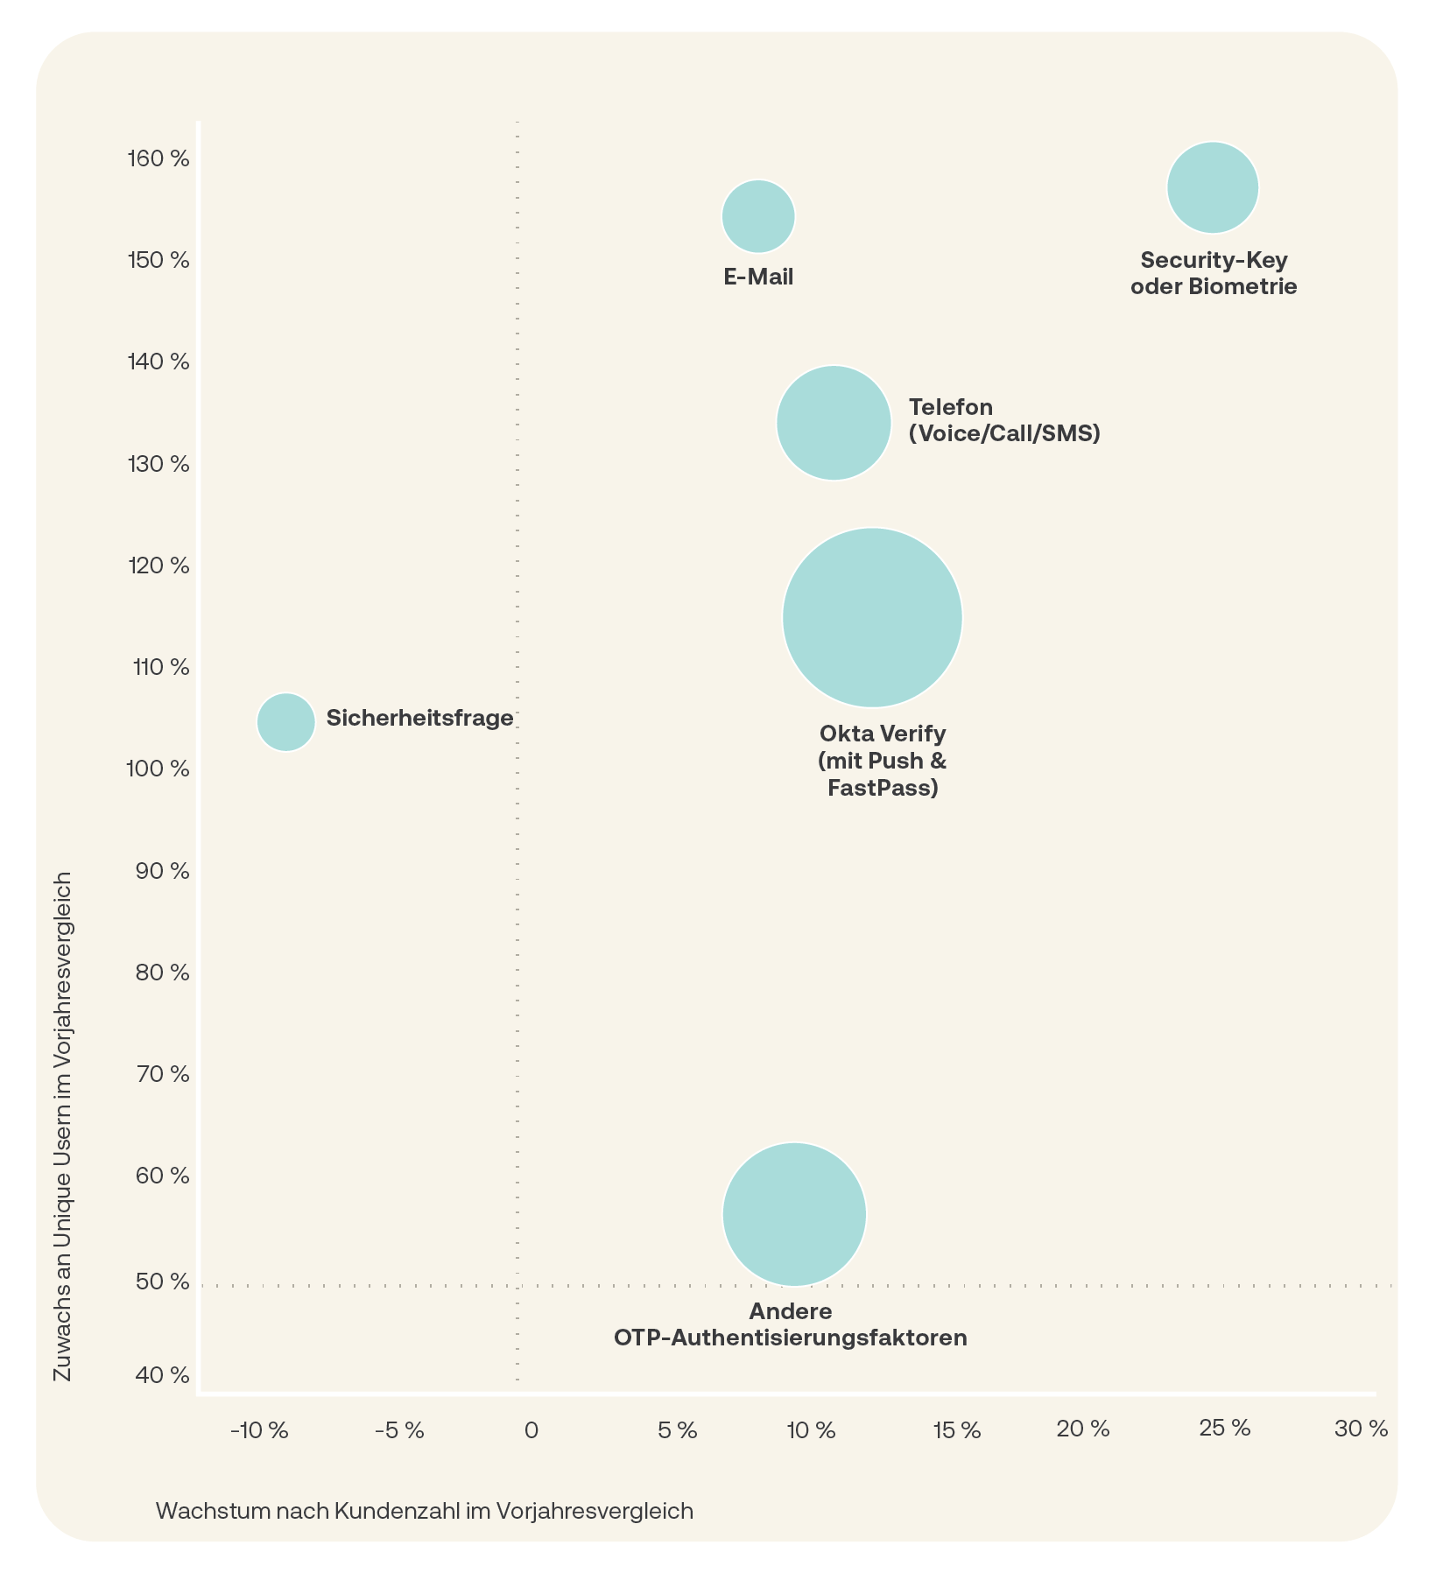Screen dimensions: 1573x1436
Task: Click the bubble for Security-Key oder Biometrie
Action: [1213, 187]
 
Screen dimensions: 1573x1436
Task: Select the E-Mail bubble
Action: [758, 216]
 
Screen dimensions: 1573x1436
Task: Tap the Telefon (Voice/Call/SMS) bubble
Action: [834, 423]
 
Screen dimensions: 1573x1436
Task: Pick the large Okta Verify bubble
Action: [872, 617]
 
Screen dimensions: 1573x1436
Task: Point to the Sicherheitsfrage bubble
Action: [285, 722]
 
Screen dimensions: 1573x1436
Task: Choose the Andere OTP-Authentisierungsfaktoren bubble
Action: [794, 1214]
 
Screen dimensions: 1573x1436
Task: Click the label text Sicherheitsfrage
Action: [419, 719]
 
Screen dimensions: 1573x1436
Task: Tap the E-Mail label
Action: [758, 277]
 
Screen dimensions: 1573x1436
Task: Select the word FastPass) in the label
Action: [883, 788]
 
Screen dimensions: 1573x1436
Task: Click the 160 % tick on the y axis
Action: [158, 159]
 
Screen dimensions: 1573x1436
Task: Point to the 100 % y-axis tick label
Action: [158, 769]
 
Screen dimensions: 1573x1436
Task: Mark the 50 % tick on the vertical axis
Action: [163, 1282]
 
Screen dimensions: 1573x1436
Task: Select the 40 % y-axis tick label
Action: [163, 1375]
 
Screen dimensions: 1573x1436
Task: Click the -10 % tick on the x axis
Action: [259, 1431]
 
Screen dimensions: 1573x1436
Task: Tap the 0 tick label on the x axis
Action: [531, 1431]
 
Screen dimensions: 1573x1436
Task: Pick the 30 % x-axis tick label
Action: [1361, 1429]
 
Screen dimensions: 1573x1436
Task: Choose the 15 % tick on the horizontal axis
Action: [957, 1431]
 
